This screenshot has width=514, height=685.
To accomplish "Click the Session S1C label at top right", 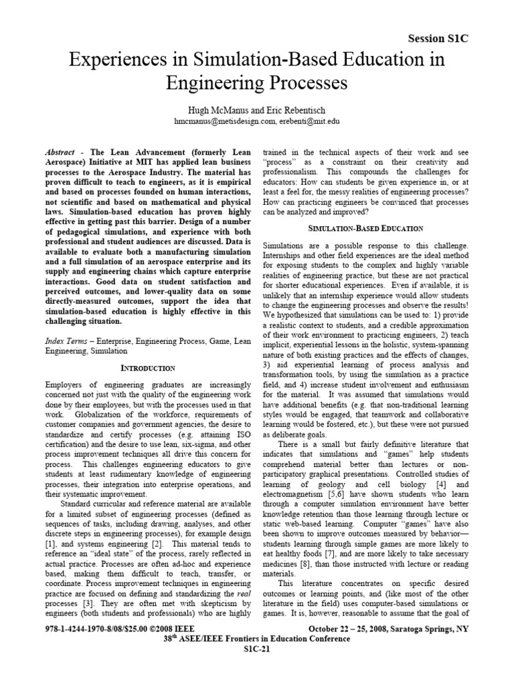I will [x=438, y=39].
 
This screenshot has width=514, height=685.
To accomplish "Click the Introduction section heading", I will [x=149, y=368].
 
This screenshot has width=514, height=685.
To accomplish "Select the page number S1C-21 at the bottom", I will [x=257, y=670].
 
